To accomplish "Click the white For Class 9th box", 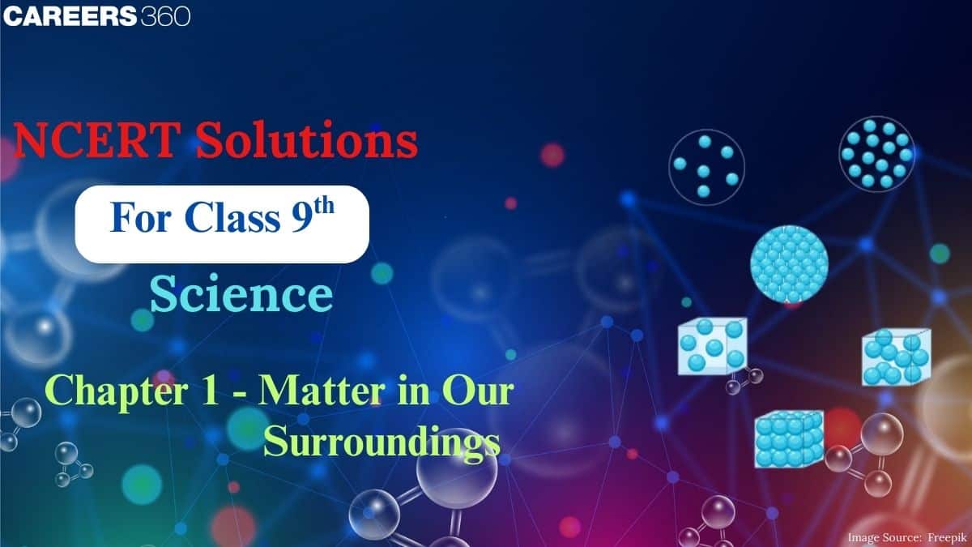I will [x=222, y=221].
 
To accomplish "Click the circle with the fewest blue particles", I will [x=706, y=165].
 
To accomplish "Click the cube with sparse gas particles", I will [x=712, y=346].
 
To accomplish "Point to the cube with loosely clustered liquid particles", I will [x=895, y=357].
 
